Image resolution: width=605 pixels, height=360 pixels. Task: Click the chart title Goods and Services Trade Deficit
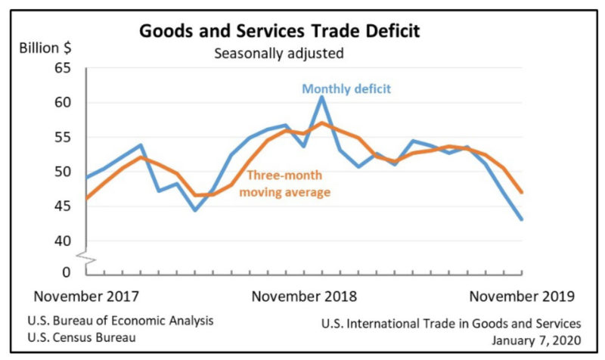(x=280, y=32)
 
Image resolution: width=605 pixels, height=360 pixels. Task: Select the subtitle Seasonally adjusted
(x=279, y=54)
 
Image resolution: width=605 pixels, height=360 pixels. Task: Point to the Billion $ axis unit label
(x=45, y=48)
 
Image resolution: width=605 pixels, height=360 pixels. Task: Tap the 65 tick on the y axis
(x=61, y=69)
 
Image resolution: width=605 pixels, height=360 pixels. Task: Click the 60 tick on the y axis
(x=61, y=103)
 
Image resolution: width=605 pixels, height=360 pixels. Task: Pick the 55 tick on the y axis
(x=61, y=138)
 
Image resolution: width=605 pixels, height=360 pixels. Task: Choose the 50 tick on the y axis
(x=61, y=172)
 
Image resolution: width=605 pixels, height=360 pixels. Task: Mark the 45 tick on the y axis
(x=61, y=206)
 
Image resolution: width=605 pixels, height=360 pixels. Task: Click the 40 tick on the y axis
(x=61, y=241)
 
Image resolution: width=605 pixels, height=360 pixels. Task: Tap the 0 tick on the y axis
(x=65, y=271)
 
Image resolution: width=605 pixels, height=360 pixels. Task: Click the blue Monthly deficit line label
(x=346, y=88)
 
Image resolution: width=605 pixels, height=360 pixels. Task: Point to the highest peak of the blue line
(x=321, y=97)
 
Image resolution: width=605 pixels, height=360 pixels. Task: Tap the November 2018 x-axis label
(x=304, y=295)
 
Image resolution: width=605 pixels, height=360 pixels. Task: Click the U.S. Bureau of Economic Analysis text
(x=121, y=320)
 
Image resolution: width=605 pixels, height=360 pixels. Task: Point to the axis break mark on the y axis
(x=88, y=259)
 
